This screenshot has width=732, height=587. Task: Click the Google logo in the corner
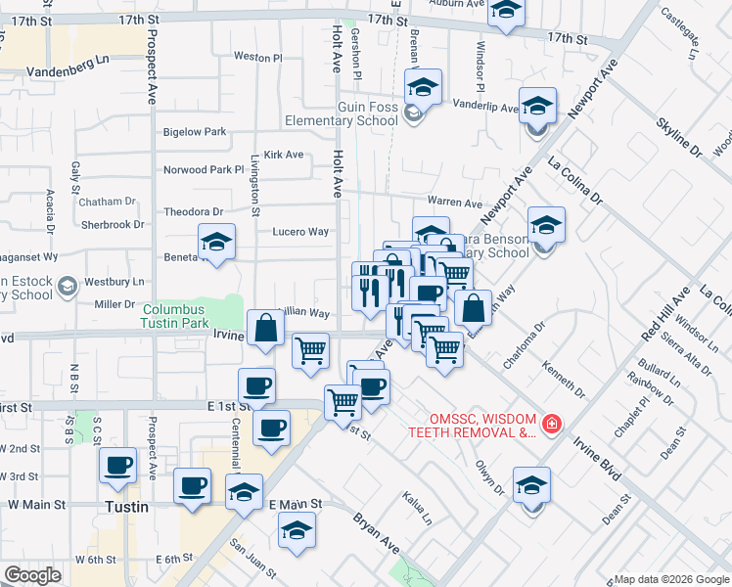(x=33, y=575)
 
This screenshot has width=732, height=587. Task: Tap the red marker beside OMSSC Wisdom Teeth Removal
(x=552, y=424)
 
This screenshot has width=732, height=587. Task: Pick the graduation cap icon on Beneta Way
(x=216, y=244)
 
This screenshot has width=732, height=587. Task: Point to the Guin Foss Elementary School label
(x=367, y=113)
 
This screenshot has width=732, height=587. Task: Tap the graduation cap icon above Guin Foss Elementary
(x=424, y=87)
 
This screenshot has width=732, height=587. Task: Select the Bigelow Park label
(x=195, y=132)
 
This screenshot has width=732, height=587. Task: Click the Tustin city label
(x=127, y=507)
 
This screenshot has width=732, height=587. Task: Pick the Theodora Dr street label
(x=194, y=211)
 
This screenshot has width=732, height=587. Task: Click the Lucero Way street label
(x=299, y=232)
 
